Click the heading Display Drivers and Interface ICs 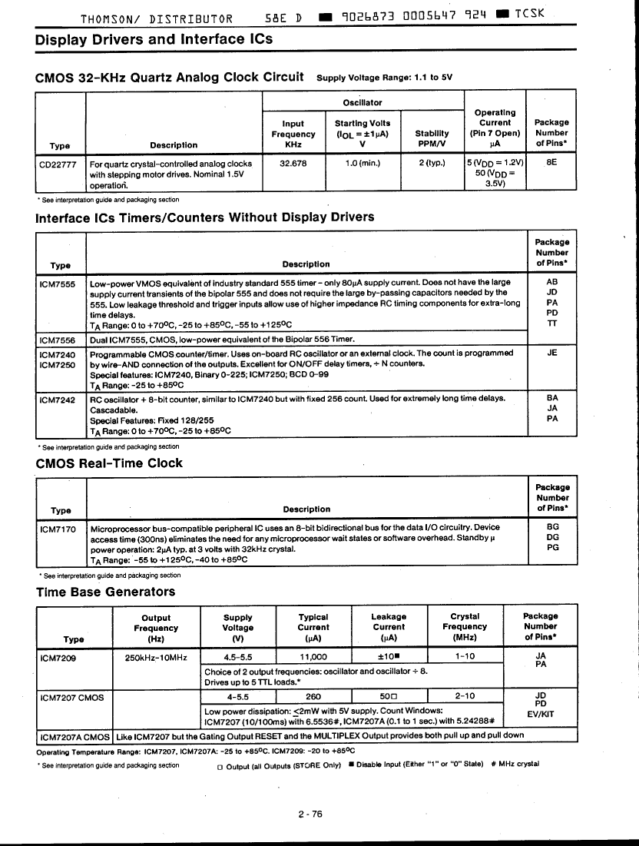[154, 39]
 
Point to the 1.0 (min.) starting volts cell [363, 163]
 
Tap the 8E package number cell [551, 163]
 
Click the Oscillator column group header [363, 102]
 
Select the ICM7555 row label [57, 283]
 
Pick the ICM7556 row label [57, 339]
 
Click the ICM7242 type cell [57, 399]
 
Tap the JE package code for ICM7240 [551, 353]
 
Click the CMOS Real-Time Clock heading [109, 463]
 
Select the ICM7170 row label [58, 528]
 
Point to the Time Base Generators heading [105, 592]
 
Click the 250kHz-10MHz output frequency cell [156, 657]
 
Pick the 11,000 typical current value [313, 657]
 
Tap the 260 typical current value [313, 697]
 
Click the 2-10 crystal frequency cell [465, 696]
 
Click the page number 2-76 [311, 814]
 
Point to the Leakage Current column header [389, 626]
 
